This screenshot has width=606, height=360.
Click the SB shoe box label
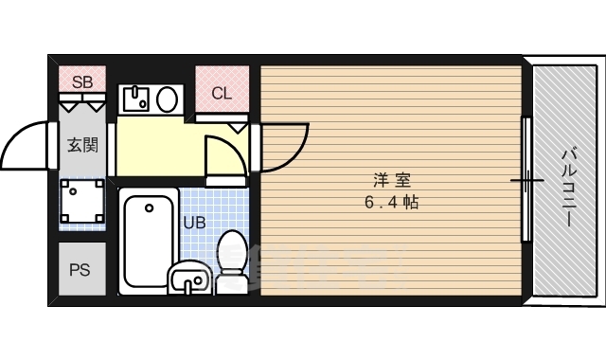[82, 82]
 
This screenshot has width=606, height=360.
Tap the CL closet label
[222, 93]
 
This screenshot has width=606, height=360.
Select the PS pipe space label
[80, 269]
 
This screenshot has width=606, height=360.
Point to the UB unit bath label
[194, 223]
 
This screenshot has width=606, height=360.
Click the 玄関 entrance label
[82, 145]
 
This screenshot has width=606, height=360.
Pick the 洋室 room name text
[392, 180]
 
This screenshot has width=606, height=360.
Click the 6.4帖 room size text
[392, 202]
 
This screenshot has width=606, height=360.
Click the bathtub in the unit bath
[149, 241]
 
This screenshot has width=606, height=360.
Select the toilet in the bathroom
[232, 261]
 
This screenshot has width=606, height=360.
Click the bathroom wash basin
[188, 278]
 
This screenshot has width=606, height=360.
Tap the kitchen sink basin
[136, 99]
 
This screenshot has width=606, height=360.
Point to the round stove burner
[167, 99]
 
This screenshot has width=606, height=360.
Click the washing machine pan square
[82, 201]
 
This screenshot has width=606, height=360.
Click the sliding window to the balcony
[526, 179]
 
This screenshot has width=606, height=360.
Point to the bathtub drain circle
[150, 208]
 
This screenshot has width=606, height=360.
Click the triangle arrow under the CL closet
[238, 128]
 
